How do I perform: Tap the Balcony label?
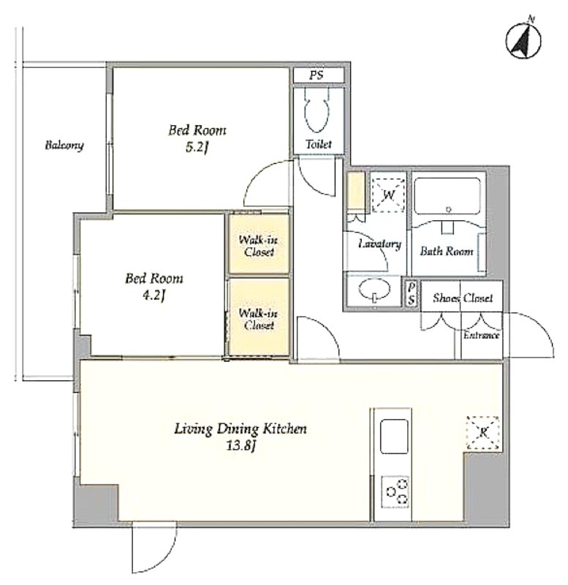[64, 145]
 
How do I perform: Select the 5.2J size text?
[197, 148]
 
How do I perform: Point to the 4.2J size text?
[154, 296]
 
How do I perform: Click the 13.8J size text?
[241, 446]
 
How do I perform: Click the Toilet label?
[319, 144]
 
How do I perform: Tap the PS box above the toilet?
[319, 75]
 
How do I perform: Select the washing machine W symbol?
[389, 195]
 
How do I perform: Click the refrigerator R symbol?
[483, 433]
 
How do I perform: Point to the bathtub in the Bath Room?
[447, 196]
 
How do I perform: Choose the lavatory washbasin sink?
[374, 289]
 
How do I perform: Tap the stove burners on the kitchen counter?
[395, 491]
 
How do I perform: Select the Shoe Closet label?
[463, 298]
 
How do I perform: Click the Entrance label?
[481, 336]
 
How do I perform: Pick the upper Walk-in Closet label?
[259, 246]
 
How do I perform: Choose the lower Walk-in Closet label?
[259, 319]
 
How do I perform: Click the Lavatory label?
[379, 244]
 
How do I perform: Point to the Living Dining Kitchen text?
[241, 429]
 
